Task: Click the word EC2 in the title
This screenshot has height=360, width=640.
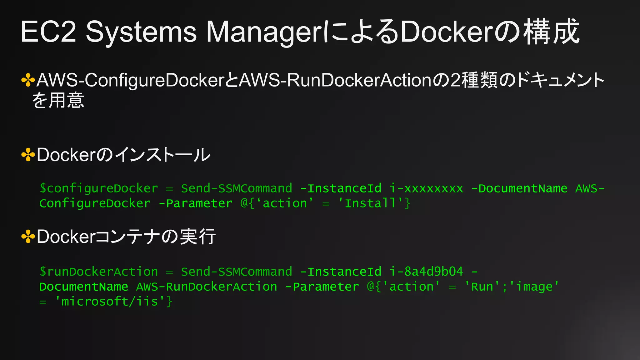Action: coord(48,32)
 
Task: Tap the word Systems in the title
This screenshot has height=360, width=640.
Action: coord(141,32)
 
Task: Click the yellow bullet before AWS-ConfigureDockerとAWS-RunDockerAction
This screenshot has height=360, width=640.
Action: coord(28,80)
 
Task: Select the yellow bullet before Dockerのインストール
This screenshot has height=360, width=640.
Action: coord(28,155)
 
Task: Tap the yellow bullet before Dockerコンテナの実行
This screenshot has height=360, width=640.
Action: coord(28,237)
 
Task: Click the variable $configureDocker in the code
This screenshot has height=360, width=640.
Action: coord(99,188)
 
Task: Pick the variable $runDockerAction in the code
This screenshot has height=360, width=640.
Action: coord(99,272)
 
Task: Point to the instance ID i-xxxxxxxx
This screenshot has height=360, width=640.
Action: coord(426,188)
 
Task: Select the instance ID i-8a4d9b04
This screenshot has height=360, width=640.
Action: coord(426,272)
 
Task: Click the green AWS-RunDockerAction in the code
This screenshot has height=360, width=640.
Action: coord(207,287)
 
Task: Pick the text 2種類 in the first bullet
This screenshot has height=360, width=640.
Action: coord(474,80)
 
